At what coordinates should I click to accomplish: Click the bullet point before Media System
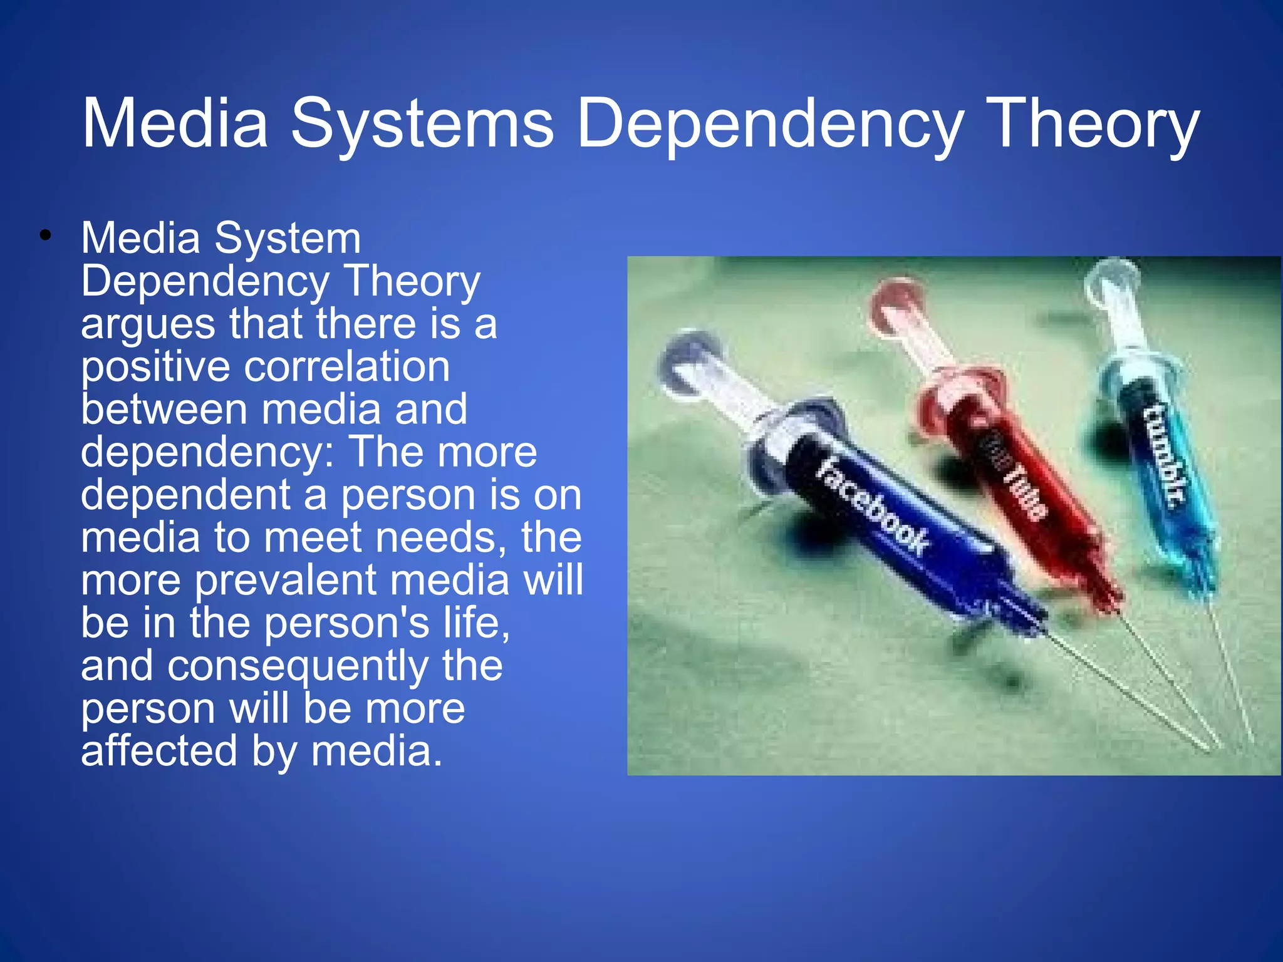tap(44, 236)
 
